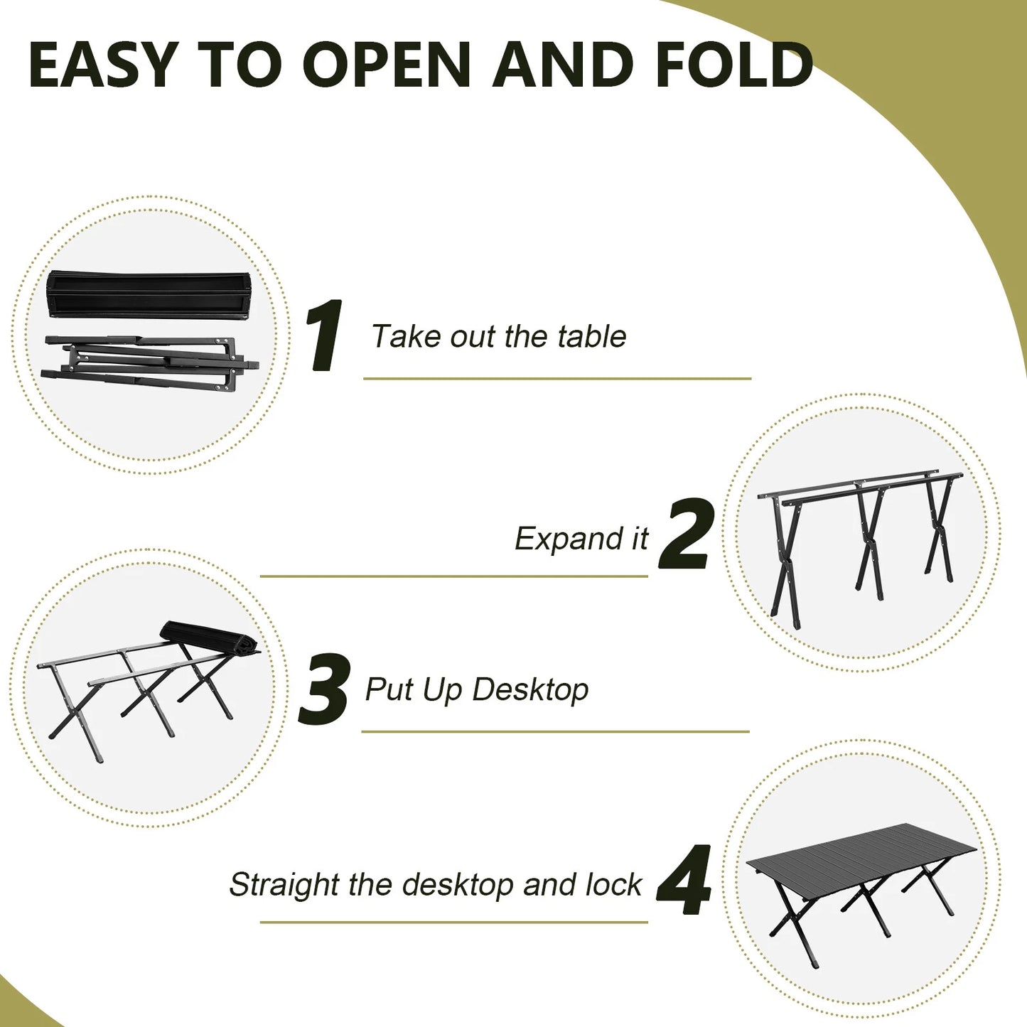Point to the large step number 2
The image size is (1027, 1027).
click(x=684, y=534)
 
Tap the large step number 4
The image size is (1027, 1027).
click(x=684, y=881)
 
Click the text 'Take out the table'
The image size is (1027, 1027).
click(x=498, y=336)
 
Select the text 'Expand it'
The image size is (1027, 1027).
click(x=581, y=539)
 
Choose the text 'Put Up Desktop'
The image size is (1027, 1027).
click(x=477, y=689)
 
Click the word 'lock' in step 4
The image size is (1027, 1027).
click(x=613, y=885)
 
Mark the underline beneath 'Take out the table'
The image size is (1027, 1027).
click(x=557, y=379)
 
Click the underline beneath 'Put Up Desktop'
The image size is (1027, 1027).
click(x=555, y=731)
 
